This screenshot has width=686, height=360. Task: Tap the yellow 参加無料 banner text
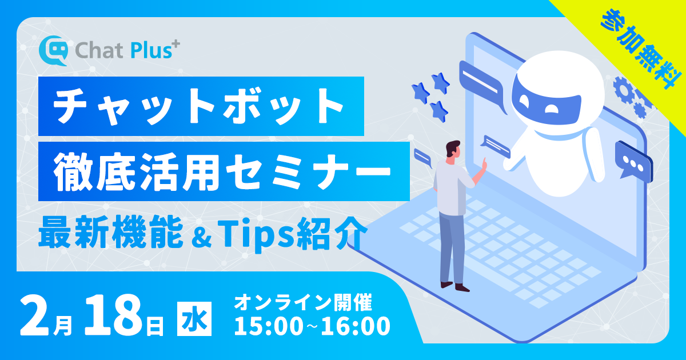pos(641,49)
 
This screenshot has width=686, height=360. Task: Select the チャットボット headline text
pos(198,106)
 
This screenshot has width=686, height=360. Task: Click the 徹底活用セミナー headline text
pos(222,171)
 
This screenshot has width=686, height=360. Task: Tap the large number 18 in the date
pos(113,315)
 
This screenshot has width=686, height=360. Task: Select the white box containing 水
pos(194,319)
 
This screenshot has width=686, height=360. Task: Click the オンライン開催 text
pos(303,302)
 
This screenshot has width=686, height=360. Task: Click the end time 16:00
pos(356,326)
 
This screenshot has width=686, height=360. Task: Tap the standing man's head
pos(453,150)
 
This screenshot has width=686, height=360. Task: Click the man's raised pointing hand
pos(484,165)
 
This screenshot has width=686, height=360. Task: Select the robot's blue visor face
pos(546,102)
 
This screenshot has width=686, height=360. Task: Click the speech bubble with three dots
pos(633,161)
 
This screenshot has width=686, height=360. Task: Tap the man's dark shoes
pos(455,286)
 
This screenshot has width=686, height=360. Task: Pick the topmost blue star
pos(440,83)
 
